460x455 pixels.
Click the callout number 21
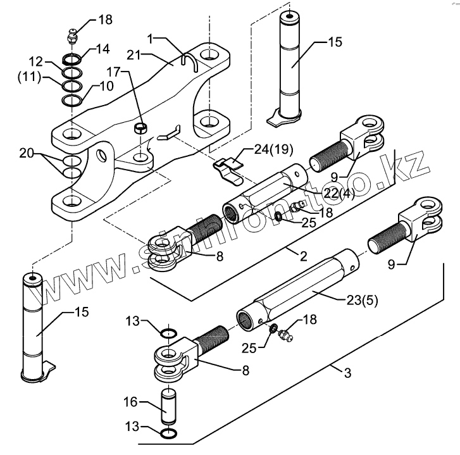click(x=135, y=55)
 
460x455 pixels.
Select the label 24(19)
click(x=273, y=149)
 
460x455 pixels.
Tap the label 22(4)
click(x=339, y=194)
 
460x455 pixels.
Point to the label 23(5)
click(x=363, y=300)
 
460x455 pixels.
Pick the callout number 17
click(x=113, y=72)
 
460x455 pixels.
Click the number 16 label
click(x=130, y=402)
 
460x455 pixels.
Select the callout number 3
click(x=347, y=373)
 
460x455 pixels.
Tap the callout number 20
click(x=27, y=153)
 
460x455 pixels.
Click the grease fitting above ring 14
click(x=72, y=36)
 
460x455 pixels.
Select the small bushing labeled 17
click(x=141, y=128)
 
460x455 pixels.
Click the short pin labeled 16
click(x=168, y=406)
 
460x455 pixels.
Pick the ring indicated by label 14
click(x=72, y=59)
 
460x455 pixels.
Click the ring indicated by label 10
click(x=72, y=101)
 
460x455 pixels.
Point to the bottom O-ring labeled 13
click(x=169, y=433)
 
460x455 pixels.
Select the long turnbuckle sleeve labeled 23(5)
click(x=297, y=290)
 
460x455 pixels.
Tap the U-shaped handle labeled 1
click(x=190, y=61)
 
